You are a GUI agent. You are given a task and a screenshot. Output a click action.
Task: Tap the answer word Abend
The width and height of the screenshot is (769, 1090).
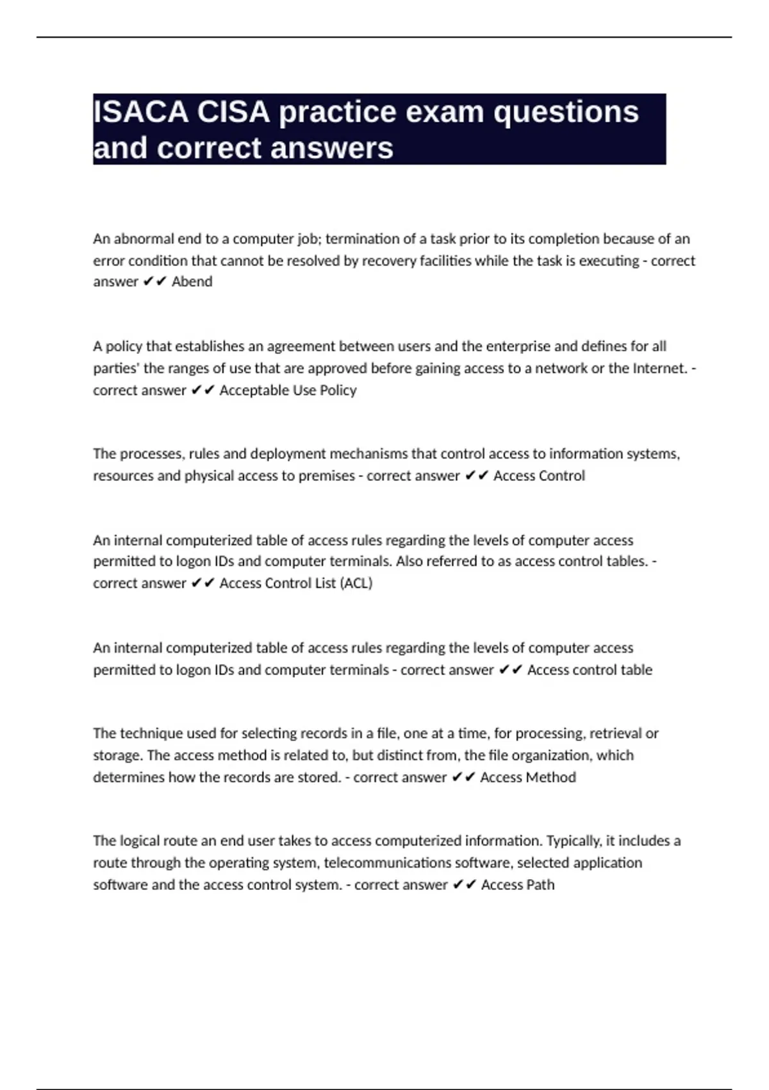[x=192, y=281]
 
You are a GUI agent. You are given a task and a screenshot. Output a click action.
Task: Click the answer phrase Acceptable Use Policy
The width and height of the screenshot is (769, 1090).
[x=288, y=390]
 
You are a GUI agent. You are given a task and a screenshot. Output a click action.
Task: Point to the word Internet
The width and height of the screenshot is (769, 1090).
[x=659, y=368]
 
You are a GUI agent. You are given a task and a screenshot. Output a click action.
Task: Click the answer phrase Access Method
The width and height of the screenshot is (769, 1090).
[x=528, y=777]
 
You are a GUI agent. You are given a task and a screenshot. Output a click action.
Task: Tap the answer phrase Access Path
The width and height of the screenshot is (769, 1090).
[x=518, y=885]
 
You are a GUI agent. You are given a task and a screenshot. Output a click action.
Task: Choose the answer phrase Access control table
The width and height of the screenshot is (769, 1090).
[x=590, y=670]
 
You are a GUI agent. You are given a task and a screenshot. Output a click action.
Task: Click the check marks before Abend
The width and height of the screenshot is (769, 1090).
[x=155, y=281]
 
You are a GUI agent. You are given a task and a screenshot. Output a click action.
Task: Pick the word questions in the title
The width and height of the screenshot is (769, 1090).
[x=566, y=112]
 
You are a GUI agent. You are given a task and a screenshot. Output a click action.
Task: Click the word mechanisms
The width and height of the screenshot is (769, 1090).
[x=368, y=454]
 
